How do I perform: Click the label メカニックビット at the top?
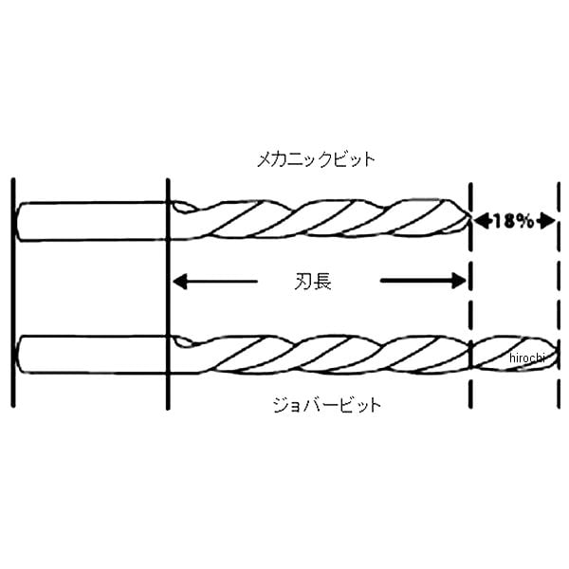pyautogui.click(x=316, y=159)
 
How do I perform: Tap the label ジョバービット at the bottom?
pyautogui.click(x=327, y=405)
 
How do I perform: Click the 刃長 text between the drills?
pyautogui.click(x=313, y=282)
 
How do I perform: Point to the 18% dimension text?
pyautogui.click(x=513, y=221)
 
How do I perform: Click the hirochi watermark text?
pyautogui.click(x=527, y=358)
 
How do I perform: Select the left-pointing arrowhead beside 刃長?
pyautogui.click(x=180, y=282)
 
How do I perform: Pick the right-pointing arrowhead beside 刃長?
pyautogui.click(x=459, y=281)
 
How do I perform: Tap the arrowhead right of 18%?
pyautogui.click(x=546, y=221)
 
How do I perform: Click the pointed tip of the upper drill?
pyautogui.click(x=470, y=219)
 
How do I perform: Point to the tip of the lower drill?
pyautogui.click(x=557, y=354)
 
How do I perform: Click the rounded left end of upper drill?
pyautogui.click(x=17, y=221)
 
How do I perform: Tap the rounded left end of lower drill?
pyautogui.click(x=19, y=355)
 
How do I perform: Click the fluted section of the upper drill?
pyautogui.click(x=321, y=219)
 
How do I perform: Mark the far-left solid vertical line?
pyautogui.click(x=13, y=292)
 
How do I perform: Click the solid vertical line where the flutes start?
pyautogui.click(x=168, y=294)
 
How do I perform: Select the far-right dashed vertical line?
pyautogui.click(x=559, y=295)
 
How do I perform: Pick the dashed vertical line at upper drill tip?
pyautogui.click(x=470, y=295)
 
